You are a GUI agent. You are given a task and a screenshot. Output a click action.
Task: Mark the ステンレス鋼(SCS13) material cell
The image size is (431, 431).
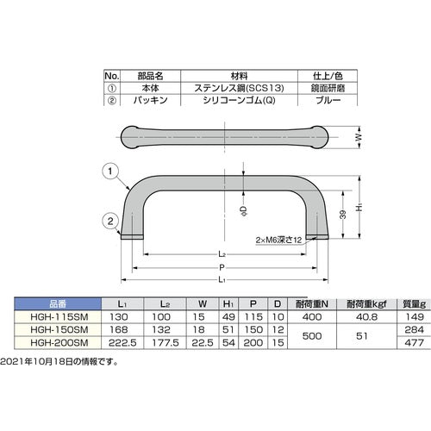228,86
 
